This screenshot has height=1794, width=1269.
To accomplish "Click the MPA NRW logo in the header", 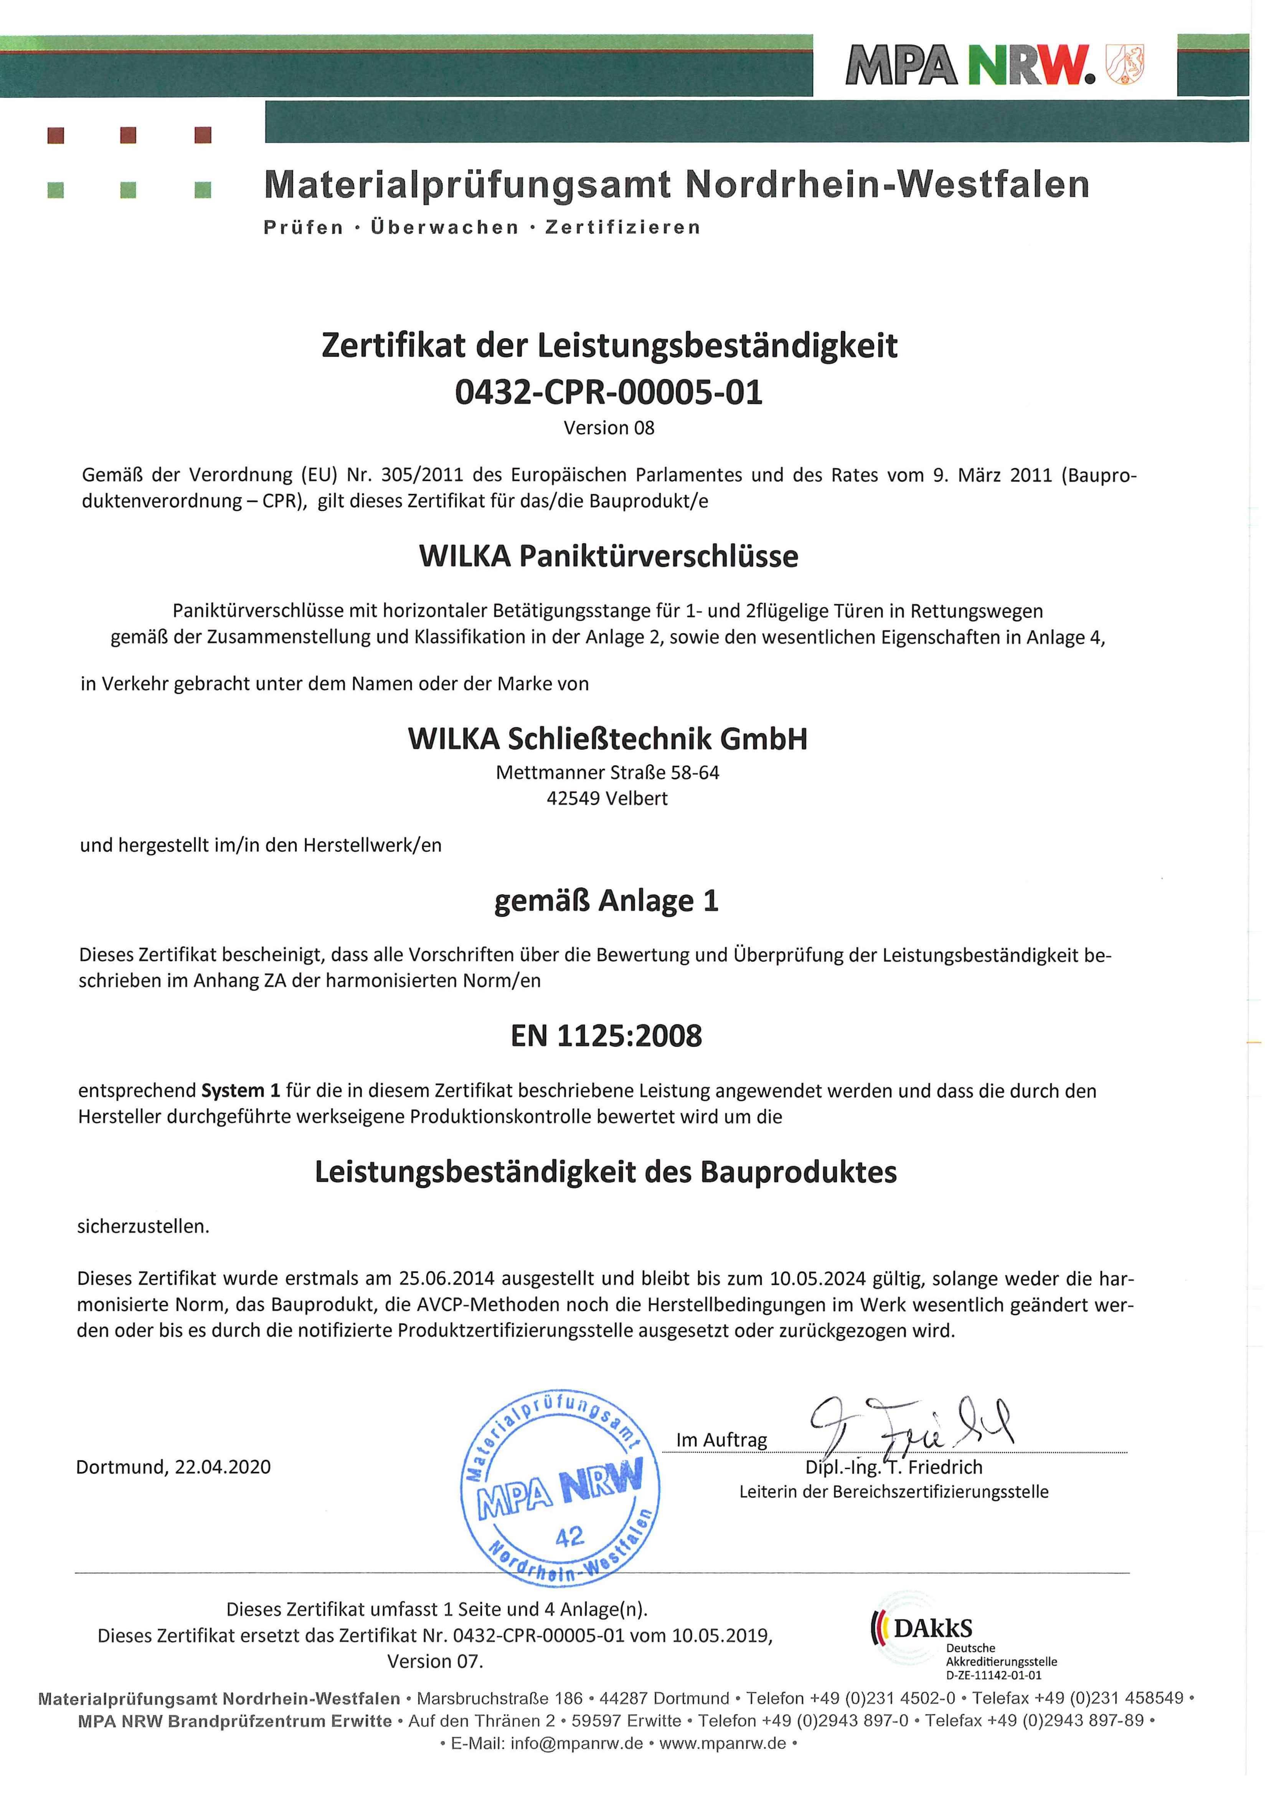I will (x=969, y=66).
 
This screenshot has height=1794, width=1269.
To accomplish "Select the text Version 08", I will (x=609, y=429).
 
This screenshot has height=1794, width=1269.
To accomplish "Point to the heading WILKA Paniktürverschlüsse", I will (x=609, y=556).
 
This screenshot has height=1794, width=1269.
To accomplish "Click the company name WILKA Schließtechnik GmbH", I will (x=607, y=739).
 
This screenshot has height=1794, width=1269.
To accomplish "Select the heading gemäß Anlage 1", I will (x=606, y=901).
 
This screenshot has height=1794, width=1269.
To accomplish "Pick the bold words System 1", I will (x=241, y=1091).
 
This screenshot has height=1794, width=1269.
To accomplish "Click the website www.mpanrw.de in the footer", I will (x=723, y=1743).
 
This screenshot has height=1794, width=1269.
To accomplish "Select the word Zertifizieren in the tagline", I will (x=623, y=227).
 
